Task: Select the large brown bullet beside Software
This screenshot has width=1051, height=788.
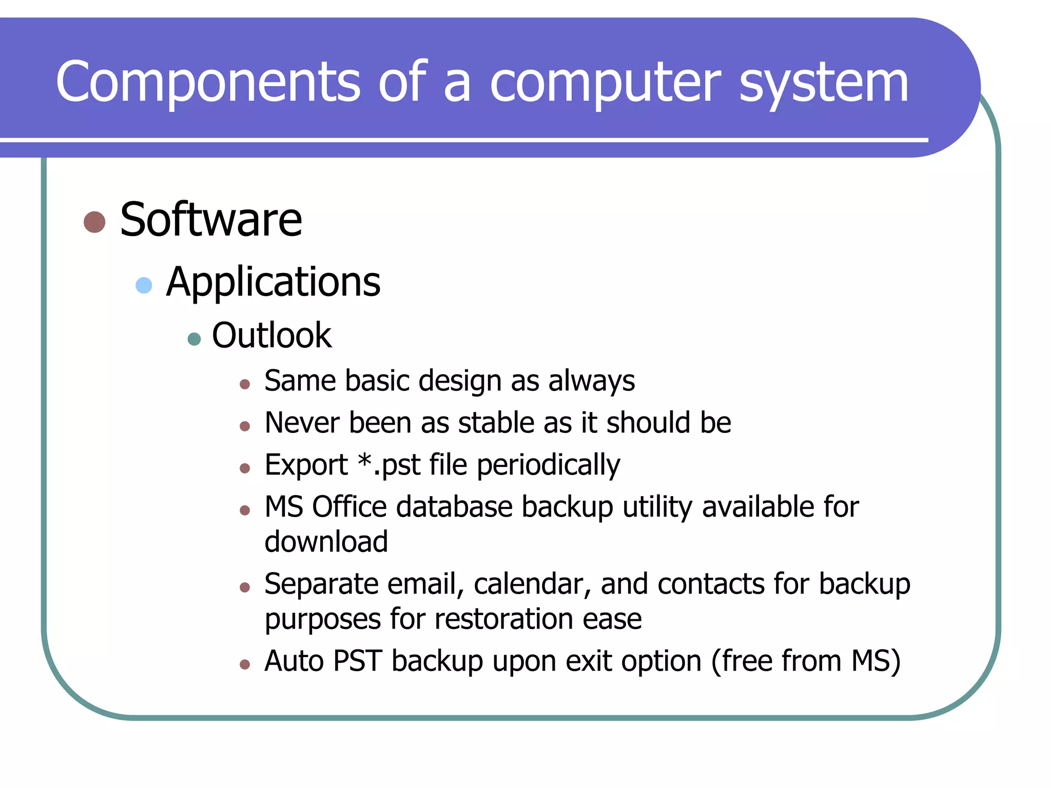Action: (x=94, y=222)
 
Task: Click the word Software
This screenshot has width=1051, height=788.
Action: (x=211, y=220)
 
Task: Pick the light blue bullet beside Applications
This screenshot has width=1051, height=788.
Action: (x=144, y=285)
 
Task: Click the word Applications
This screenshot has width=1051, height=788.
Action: (x=273, y=282)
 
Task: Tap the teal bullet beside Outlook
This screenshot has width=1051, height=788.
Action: (x=194, y=339)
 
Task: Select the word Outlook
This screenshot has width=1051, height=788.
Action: (x=271, y=336)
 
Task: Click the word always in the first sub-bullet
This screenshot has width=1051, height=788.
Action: (x=591, y=381)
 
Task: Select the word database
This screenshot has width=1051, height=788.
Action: (x=454, y=507)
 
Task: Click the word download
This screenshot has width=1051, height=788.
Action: (x=326, y=542)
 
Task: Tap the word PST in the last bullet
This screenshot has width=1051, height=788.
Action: (x=357, y=661)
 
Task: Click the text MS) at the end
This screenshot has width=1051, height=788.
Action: (x=875, y=661)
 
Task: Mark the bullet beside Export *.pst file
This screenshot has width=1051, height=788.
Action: (x=245, y=468)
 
